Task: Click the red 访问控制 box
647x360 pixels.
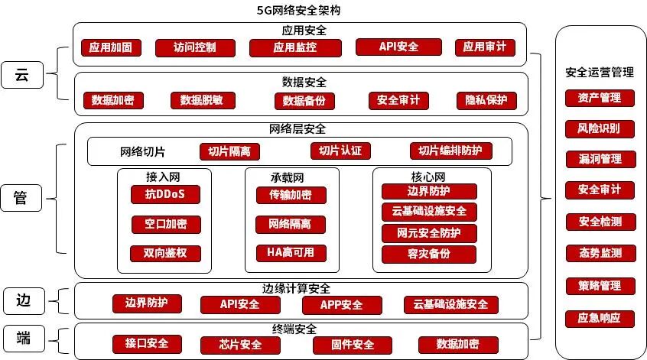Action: point(185,47)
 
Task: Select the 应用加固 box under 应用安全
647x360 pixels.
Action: point(110,47)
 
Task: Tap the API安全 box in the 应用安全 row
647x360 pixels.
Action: point(398,47)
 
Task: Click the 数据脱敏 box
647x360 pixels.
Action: point(203,100)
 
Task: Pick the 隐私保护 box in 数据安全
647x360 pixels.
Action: point(486,100)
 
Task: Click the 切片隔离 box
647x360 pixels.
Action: point(229,151)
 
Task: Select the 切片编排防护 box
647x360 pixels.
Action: point(450,151)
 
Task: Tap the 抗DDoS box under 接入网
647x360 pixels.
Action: point(165,194)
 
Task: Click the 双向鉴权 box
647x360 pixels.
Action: point(165,253)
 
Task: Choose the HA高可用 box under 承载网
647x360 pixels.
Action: point(291,253)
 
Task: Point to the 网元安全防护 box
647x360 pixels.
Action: point(429,232)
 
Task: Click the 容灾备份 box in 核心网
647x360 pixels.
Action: point(429,254)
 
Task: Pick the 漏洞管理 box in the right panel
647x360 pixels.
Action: point(600,160)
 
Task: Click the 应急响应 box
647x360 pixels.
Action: point(600,318)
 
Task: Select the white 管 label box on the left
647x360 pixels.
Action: point(21,198)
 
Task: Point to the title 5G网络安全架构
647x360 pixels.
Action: point(299,10)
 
